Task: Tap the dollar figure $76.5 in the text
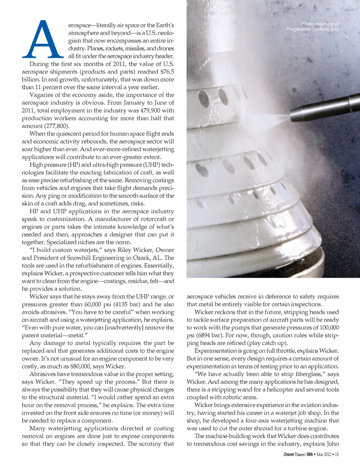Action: (x=167, y=71)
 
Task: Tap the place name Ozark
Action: (x=143, y=258)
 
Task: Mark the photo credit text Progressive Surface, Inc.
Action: (x=312, y=29)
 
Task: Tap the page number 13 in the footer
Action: (x=336, y=454)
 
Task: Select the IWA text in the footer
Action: (x=310, y=454)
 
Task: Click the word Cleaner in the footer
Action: (x=289, y=454)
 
